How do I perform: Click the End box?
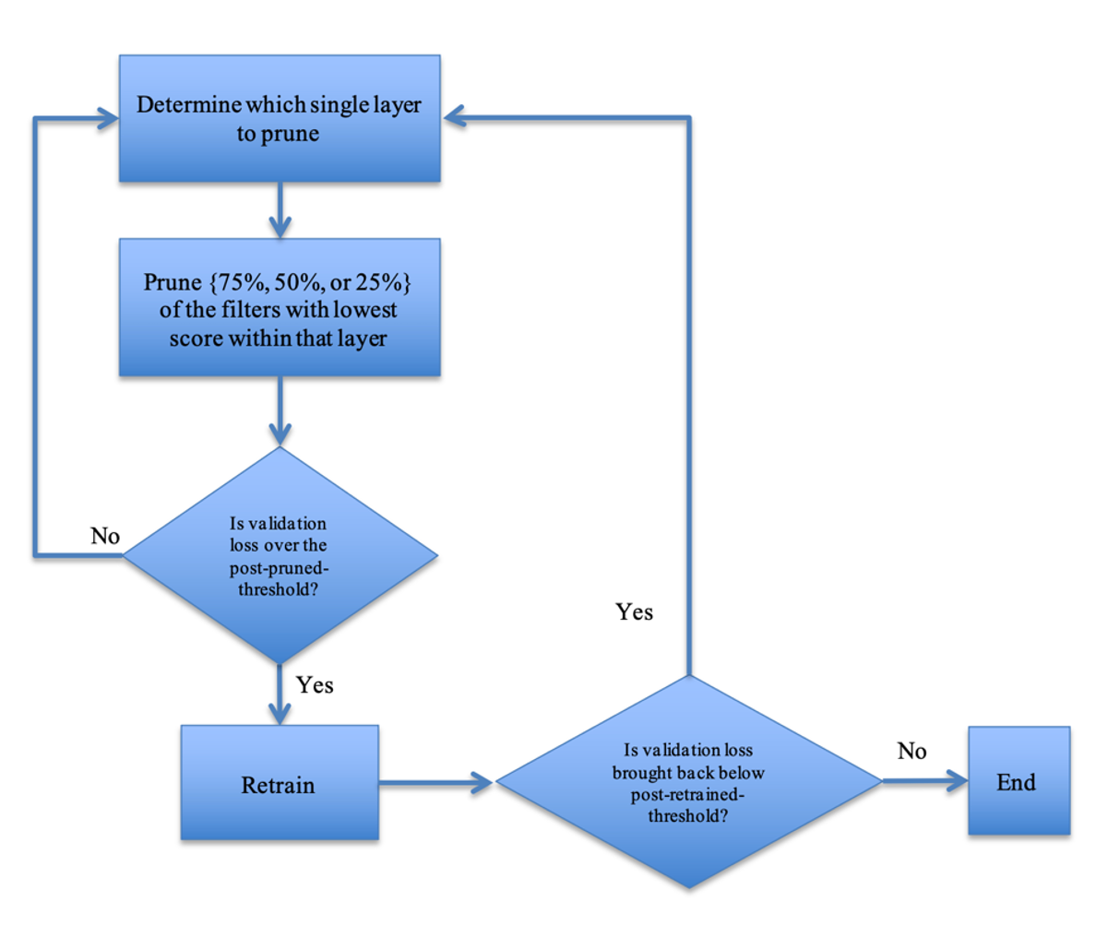coord(1019,780)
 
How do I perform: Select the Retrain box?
coord(280,782)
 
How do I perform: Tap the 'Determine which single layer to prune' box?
coord(280,118)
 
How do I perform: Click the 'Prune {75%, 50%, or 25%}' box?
coord(280,307)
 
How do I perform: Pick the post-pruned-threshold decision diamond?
coord(280,555)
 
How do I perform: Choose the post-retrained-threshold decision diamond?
coord(689,781)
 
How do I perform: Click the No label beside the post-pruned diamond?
coord(105,536)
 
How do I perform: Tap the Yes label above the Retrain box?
coord(315,685)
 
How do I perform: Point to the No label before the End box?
coord(911,751)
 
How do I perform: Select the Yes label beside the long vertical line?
coord(634,612)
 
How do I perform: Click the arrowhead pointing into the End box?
coord(957,781)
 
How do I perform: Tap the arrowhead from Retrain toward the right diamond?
coord(482,783)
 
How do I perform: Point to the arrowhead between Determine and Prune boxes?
coord(280,227)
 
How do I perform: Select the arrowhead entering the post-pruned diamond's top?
coord(280,435)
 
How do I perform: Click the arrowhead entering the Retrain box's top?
coord(280,714)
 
